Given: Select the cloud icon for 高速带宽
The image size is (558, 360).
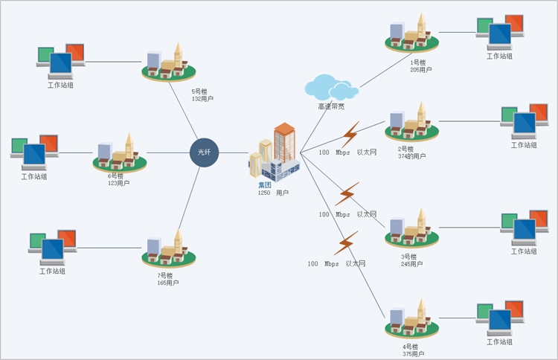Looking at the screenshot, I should (x=330, y=87).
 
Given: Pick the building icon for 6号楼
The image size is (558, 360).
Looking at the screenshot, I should (x=119, y=152).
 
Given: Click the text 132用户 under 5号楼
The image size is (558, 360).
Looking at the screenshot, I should (x=202, y=99).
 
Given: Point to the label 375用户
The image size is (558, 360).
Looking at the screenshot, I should (x=411, y=354).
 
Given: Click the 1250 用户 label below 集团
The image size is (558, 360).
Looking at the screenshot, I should (x=273, y=193).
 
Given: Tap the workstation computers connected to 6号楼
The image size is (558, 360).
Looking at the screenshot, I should (x=34, y=152).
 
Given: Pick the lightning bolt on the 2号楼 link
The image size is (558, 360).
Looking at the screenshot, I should (x=350, y=135).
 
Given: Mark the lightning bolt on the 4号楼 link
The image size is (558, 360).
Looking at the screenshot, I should (x=346, y=243).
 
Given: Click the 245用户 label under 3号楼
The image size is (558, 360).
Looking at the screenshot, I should (x=411, y=264).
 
